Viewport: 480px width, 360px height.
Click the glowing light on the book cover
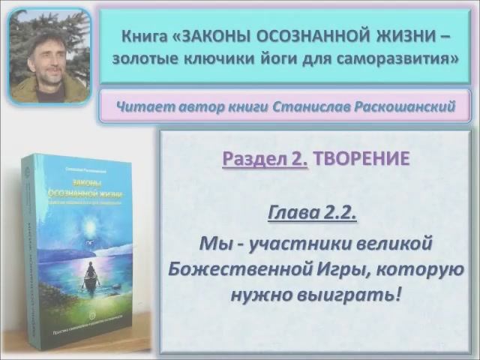pyautogui.click(x=91, y=224)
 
